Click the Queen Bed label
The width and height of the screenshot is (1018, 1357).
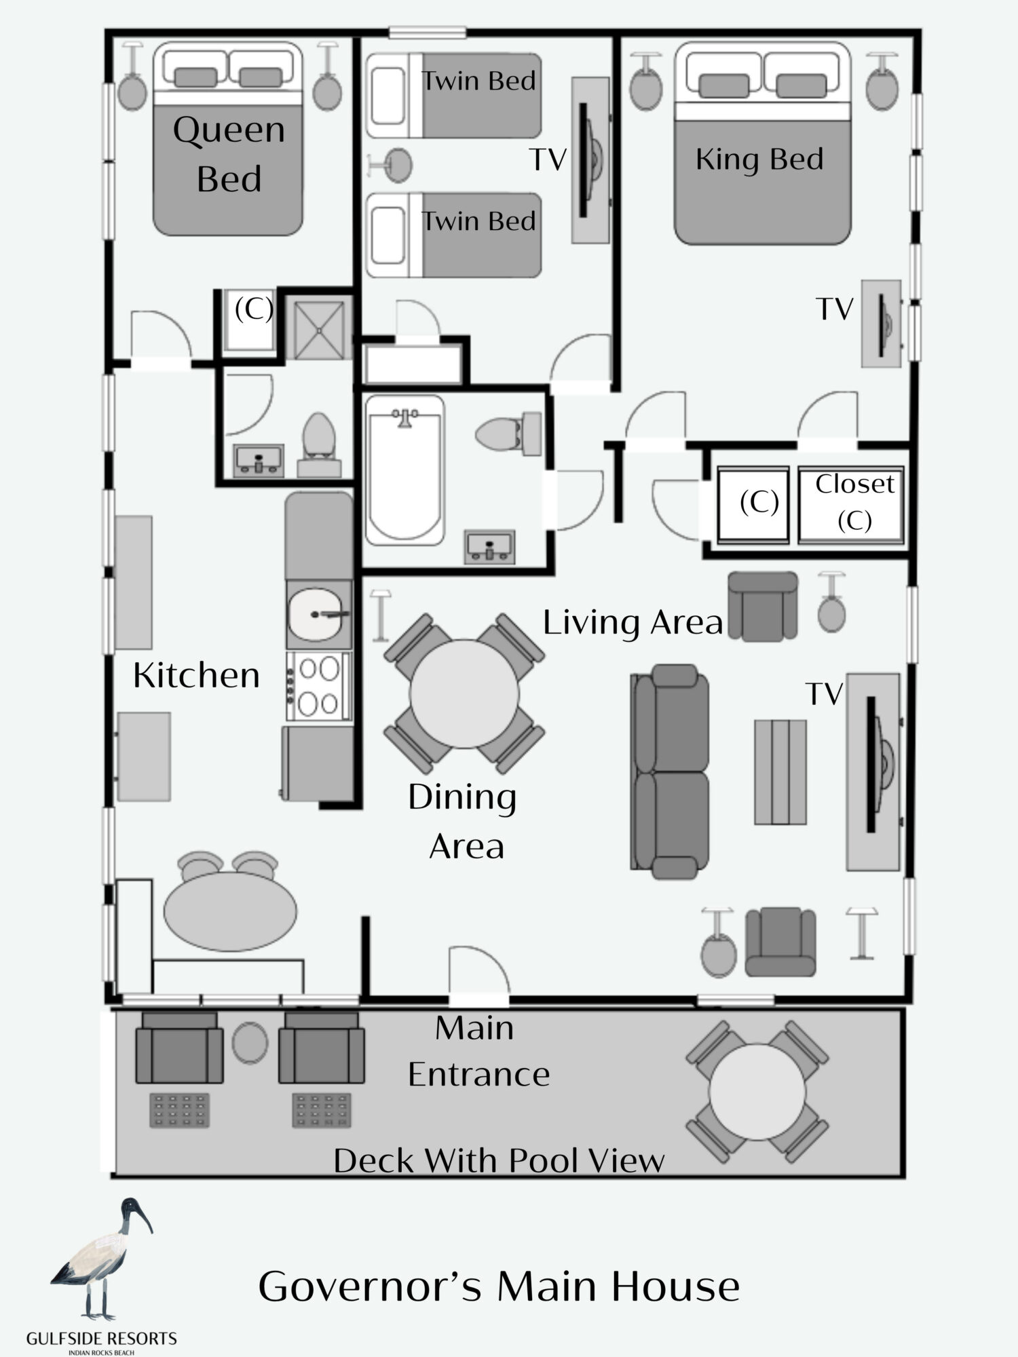pyautogui.click(x=229, y=154)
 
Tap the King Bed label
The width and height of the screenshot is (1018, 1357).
pyautogui.click(x=759, y=159)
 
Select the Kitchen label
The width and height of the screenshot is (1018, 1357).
pyautogui.click(x=197, y=675)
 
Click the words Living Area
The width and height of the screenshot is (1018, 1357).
pyautogui.click(x=633, y=622)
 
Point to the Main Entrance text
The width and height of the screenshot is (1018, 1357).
pyautogui.click(x=478, y=1051)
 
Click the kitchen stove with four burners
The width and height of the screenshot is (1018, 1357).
pyautogui.click(x=319, y=686)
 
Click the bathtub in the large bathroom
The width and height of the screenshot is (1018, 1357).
pyautogui.click(x=404, y=470)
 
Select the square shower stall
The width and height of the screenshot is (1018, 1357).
pyautogui.click(x=318, y=328)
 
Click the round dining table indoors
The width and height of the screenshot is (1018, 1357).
pyautogui.click(x=464, y=694)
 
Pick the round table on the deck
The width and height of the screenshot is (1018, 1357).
pyautogui.click(x=757, y=1092)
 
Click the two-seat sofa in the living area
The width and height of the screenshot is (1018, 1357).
pyautogui.click(x=670, y=771)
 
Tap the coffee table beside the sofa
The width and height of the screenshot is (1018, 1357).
pyautogui.click(x=780, y=772)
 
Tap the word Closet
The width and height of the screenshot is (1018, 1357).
pyautogui.click(x=854, y=484)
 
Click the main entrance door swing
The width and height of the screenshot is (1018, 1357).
pyautogui.click(x=479, y=972)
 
